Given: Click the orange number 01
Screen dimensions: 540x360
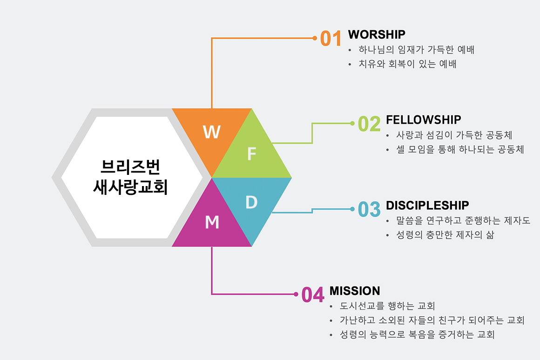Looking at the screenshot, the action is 331,38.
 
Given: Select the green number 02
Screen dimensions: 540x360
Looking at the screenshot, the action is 369,124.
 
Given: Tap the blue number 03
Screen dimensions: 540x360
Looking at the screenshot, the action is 369,209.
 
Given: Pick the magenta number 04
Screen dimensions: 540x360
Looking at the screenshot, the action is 313,294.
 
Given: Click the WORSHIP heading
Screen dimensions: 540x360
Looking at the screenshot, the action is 377,34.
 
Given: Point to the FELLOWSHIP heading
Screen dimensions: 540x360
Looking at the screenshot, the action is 423,120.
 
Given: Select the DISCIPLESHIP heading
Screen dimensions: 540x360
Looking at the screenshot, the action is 427,206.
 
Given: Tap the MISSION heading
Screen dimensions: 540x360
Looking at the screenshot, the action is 355,291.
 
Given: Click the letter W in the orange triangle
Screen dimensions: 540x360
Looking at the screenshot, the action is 211,132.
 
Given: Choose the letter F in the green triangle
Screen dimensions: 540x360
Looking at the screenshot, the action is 252,154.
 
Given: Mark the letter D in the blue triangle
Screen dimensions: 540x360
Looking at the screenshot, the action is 251,202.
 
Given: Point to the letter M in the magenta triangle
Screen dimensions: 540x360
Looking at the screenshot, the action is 212,222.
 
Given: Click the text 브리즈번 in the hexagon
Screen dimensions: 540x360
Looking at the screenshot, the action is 130,167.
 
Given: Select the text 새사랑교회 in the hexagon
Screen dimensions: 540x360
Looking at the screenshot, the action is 130,187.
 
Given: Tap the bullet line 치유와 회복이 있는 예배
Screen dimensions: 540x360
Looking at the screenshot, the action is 407,64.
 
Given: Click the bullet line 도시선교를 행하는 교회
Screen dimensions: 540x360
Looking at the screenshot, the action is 387,306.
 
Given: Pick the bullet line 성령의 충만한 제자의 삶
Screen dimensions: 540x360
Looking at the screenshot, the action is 445,235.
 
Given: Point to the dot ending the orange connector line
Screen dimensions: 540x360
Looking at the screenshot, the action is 314,38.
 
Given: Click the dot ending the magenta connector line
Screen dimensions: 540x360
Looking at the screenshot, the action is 296,294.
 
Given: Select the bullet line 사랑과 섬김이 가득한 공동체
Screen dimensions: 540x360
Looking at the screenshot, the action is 454,135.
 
